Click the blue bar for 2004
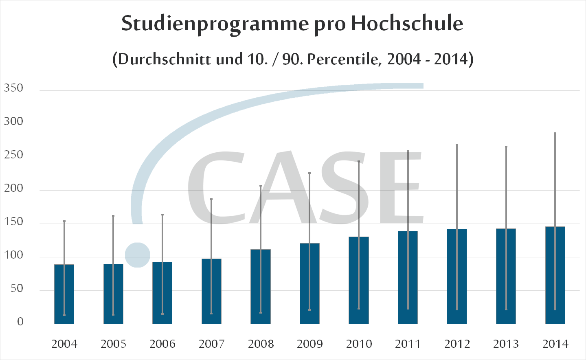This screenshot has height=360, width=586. [64, 294]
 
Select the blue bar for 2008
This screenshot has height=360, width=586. [261, 287]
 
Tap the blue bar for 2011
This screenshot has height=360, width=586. [408, 277]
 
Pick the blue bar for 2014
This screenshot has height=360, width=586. [555, 275]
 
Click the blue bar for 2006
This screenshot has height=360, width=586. [162, 293]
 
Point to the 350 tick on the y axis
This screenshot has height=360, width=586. [13, 88]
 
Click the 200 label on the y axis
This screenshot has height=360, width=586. [13, 188]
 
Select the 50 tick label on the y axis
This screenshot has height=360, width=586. [17, 288]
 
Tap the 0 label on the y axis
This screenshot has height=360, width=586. [20, 322]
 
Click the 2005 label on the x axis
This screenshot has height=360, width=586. [113, 344]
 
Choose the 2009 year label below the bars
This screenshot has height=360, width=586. [309, 344]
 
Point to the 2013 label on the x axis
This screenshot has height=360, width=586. [506, 344]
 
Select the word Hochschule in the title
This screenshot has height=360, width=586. [407, 23]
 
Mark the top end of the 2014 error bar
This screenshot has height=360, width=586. [555, 133]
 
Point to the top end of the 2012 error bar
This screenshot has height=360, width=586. [457, 145]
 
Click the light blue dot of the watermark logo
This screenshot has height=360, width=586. [138, 255]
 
